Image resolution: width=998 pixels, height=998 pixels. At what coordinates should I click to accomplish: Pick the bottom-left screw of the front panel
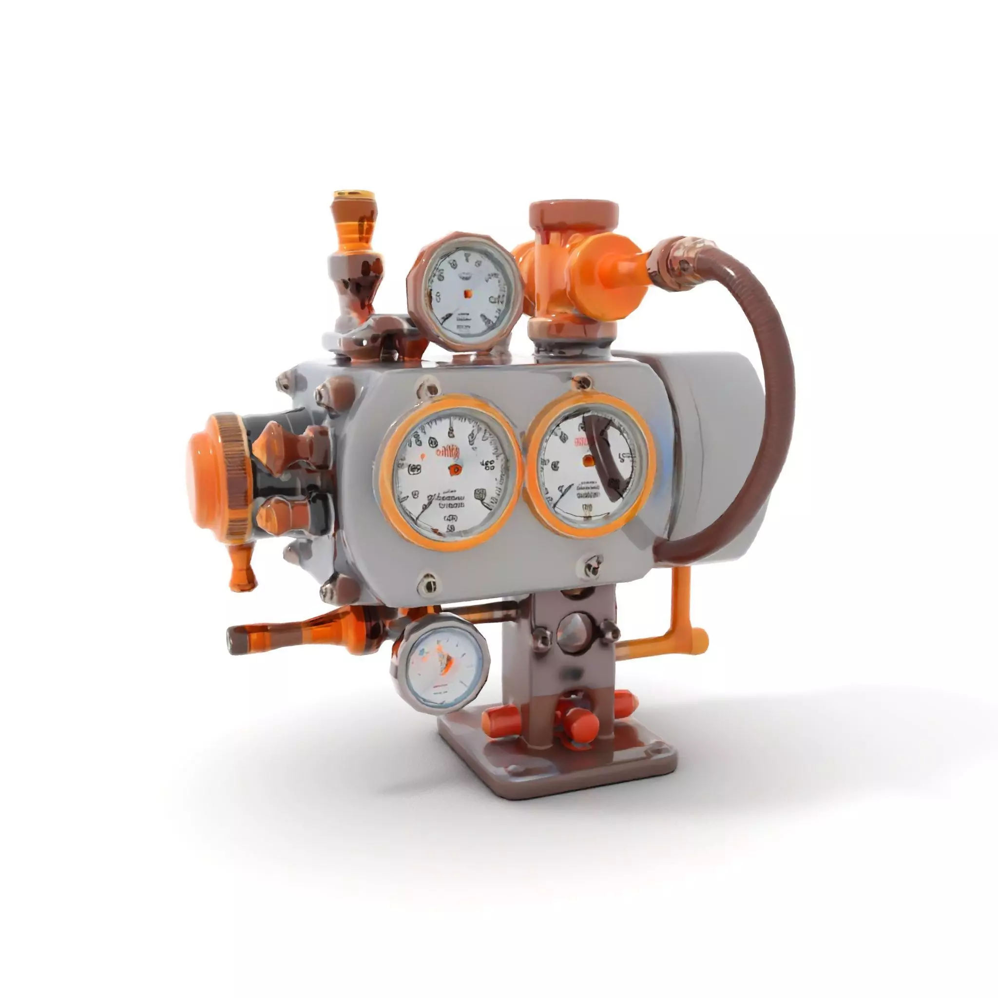(428, 583)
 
